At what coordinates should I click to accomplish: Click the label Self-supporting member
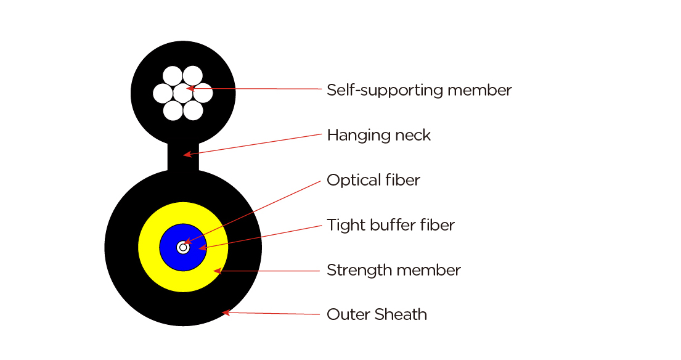pos(419,91)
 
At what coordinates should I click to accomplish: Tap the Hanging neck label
pos(379,135)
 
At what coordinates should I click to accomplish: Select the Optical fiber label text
pos(373,180)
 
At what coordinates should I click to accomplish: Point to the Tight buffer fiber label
pos(391,225)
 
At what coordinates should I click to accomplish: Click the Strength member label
pos(393,270)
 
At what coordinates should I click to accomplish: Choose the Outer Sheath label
pos(377,314)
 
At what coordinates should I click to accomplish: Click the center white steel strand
pos(183,93)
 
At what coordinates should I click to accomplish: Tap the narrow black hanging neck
pos(183,157)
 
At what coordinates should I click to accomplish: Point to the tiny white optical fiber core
pos(183,248)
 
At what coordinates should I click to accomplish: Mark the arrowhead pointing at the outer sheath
pos(226,313)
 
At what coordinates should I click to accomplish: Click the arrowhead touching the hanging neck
pos(187,154)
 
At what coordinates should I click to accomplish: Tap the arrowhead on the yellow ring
pos(218,271)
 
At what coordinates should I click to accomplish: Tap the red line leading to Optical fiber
pos(252,211)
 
